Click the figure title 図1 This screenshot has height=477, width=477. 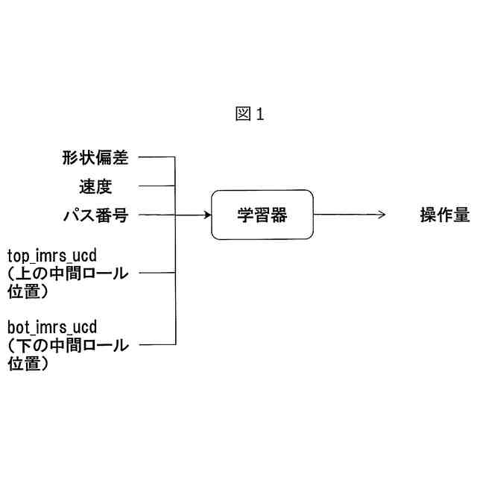pyautogui.click(x=250, y=114)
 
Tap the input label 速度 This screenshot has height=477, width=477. pyautogui.click(x=95, y=186)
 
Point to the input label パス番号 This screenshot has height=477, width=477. pyautogui.click(x=95, y=215)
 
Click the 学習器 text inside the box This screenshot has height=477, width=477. pyautogui.click(x=262, y=215)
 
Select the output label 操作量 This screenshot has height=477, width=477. pyautogui.click(x=445, y=215)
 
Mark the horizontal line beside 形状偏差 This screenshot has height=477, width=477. pyautogui.click(x=157, y=157)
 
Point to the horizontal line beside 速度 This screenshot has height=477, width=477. pyautogui.click(x=157, y=186)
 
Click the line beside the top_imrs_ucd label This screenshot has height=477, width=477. pyautogui.click(x=157, y=273)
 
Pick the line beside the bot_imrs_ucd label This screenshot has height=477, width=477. pyautogui.click(x=157, y=344)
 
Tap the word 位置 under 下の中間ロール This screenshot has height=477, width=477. pyautogui.click(x=24, y=363)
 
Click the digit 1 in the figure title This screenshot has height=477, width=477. pyautogui.click(x=259, y=114)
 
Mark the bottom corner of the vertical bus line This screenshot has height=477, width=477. pyautogui.click(x=175, y=344)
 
